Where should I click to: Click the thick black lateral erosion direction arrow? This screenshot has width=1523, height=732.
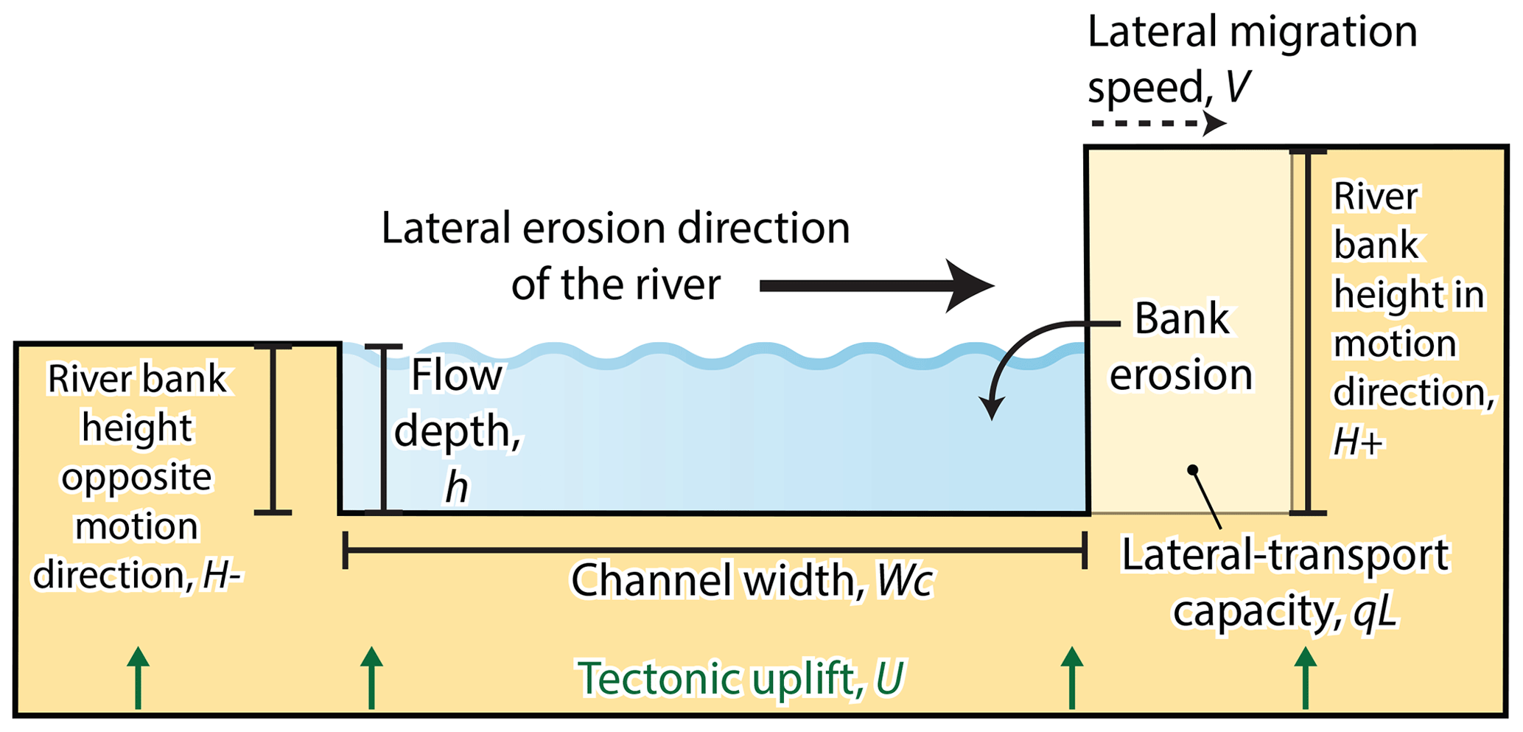pyautogui.click(x=877, y=286)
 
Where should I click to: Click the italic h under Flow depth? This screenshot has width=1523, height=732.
pyautogui.click(x=457, y=487)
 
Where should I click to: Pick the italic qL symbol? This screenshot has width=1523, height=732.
pyautogui.click(x=1375, y=611)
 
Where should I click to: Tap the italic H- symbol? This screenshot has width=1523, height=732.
pyautogui.click(x=222, y=576)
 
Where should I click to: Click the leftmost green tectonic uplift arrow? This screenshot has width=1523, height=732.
pyautogui.click(x=138, y=678)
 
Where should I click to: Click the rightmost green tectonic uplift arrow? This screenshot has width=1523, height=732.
pyautogui.click(x=1305, y=678)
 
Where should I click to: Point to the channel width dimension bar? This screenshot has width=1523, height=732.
pyautogui.click(x=715, y=550)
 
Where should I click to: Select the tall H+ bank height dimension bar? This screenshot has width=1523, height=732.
pyautogui.click(x=1308, y=332)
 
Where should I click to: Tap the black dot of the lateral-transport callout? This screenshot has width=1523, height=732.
pyautogui.click(x=1192, y=470)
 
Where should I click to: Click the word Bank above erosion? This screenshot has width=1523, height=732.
pyautogui.click(x=1182, y=319)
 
